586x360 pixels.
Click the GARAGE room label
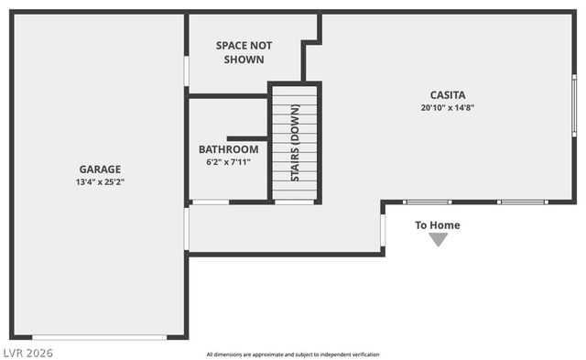[100, 169]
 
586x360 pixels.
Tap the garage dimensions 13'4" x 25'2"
[100, 181]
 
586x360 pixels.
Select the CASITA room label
[448, 94]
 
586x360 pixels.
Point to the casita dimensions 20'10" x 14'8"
[448, 107]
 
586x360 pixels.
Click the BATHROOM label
[228, 149]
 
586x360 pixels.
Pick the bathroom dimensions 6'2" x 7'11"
[228, 162]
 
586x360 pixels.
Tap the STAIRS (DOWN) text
[295, 143]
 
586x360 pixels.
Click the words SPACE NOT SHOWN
[244, 52]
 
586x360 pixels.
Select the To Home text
[438, 225]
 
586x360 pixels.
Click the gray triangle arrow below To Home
[439, 239]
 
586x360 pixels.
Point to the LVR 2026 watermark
[27, 352]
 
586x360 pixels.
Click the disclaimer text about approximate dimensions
[293, 355]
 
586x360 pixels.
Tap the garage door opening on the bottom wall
[100, 337]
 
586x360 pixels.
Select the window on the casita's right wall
[574, 106]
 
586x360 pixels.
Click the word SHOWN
[244, 60]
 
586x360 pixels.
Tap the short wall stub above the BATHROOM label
[246, 137]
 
